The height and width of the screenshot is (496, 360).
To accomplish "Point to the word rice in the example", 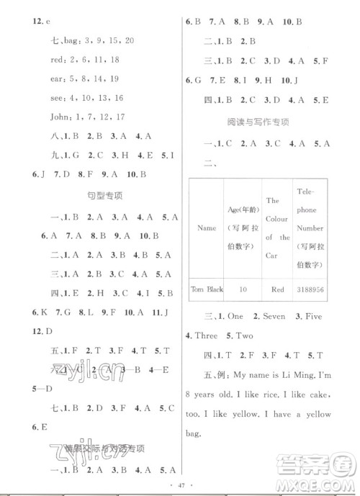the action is (274, 396).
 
